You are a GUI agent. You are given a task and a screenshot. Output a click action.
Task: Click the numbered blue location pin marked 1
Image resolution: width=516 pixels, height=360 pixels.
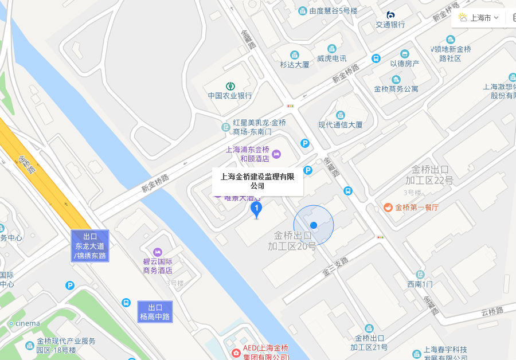[x=257, y=209]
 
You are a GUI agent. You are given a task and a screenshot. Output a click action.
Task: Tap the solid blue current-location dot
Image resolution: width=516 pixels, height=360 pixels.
[x=314, y=225]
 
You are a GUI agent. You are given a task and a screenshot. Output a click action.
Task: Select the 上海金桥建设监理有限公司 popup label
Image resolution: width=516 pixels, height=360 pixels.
[x=257, y=181]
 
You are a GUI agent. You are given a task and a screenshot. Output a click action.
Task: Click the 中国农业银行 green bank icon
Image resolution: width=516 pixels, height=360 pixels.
[x=230, y=85]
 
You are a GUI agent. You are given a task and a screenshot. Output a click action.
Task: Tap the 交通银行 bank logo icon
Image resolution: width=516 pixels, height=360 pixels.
[x=390, y=15]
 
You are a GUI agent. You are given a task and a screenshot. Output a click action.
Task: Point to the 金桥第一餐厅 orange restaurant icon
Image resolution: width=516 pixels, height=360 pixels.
[x=388, y=208]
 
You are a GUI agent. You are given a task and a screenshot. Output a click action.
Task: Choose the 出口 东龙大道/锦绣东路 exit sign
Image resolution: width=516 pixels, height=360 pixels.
[x=90, y=246]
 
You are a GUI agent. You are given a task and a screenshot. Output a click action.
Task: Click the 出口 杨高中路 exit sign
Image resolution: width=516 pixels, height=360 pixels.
[x=155, y=311]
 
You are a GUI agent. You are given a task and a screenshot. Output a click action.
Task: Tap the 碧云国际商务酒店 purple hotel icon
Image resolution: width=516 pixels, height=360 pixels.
[x=158, y=252]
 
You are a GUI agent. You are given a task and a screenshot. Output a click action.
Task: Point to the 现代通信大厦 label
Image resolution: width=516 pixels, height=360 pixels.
[x=341, y=124]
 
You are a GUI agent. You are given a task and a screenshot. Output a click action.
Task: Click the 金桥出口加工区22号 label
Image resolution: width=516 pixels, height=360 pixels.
[x=432, y=175]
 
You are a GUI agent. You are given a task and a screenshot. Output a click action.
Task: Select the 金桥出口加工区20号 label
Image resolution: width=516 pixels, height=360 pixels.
[x=292, y=241]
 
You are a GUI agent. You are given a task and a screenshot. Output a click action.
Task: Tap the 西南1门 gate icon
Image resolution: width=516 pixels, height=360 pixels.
[x=420, y=275]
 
